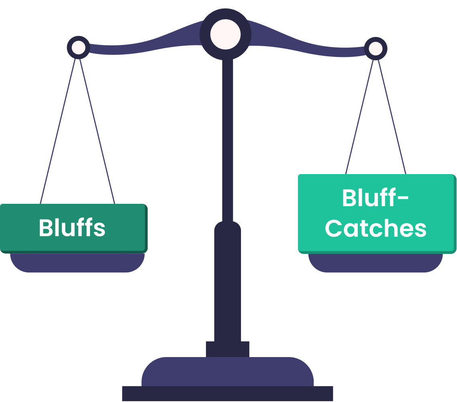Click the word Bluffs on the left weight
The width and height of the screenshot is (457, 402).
(72, 228)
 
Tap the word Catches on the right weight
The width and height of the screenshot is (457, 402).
(375, 228)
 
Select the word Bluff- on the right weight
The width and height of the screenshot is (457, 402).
(375, 198)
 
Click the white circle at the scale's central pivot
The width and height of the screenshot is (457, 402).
(225, 34)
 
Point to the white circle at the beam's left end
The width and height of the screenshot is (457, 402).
(78, 48)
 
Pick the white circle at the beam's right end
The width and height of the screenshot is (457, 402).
(375, 49)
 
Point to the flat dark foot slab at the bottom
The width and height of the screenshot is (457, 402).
(227, 394)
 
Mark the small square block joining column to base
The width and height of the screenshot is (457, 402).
(227, 349)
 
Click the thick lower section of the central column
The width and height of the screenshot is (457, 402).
(227, 281)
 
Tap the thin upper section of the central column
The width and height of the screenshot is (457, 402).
(227, 140)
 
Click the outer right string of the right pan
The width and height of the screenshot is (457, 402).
(392, 116)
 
